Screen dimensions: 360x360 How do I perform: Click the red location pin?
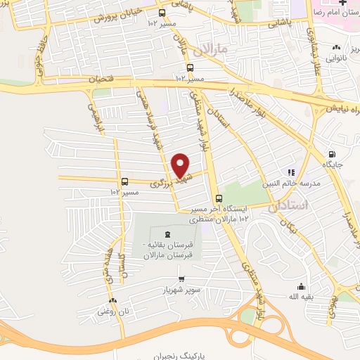coord(181,165)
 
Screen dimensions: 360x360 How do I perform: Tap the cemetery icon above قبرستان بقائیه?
coord(167,235)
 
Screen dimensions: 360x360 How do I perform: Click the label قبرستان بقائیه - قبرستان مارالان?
coord(167,250)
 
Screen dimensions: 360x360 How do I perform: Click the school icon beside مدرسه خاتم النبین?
coord(289,172)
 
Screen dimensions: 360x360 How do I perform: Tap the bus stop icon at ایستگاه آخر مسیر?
coord(219,198)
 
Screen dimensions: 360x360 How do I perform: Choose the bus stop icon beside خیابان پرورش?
coord(162,13)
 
